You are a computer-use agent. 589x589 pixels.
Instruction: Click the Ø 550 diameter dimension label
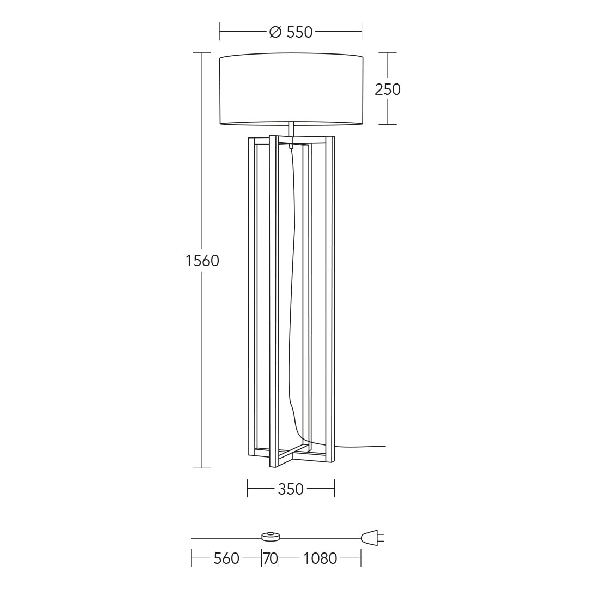click(x=291, y=32)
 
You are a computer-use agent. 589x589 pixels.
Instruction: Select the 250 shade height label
click(x=388, y=89)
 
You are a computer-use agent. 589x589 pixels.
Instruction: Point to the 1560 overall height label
click(x=202, y=261)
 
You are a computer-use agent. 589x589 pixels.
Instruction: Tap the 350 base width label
click(x=291, y=489)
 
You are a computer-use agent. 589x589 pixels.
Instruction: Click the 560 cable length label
click(x=226, y=558)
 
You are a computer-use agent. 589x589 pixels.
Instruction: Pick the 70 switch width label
click(x=271, y=558)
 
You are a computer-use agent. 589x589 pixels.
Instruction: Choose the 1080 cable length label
click(x=320, y=558)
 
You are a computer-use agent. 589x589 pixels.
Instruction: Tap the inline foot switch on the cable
click(x=271, y=537)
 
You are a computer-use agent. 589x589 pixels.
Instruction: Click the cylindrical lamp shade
click(x=291, y=89)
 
